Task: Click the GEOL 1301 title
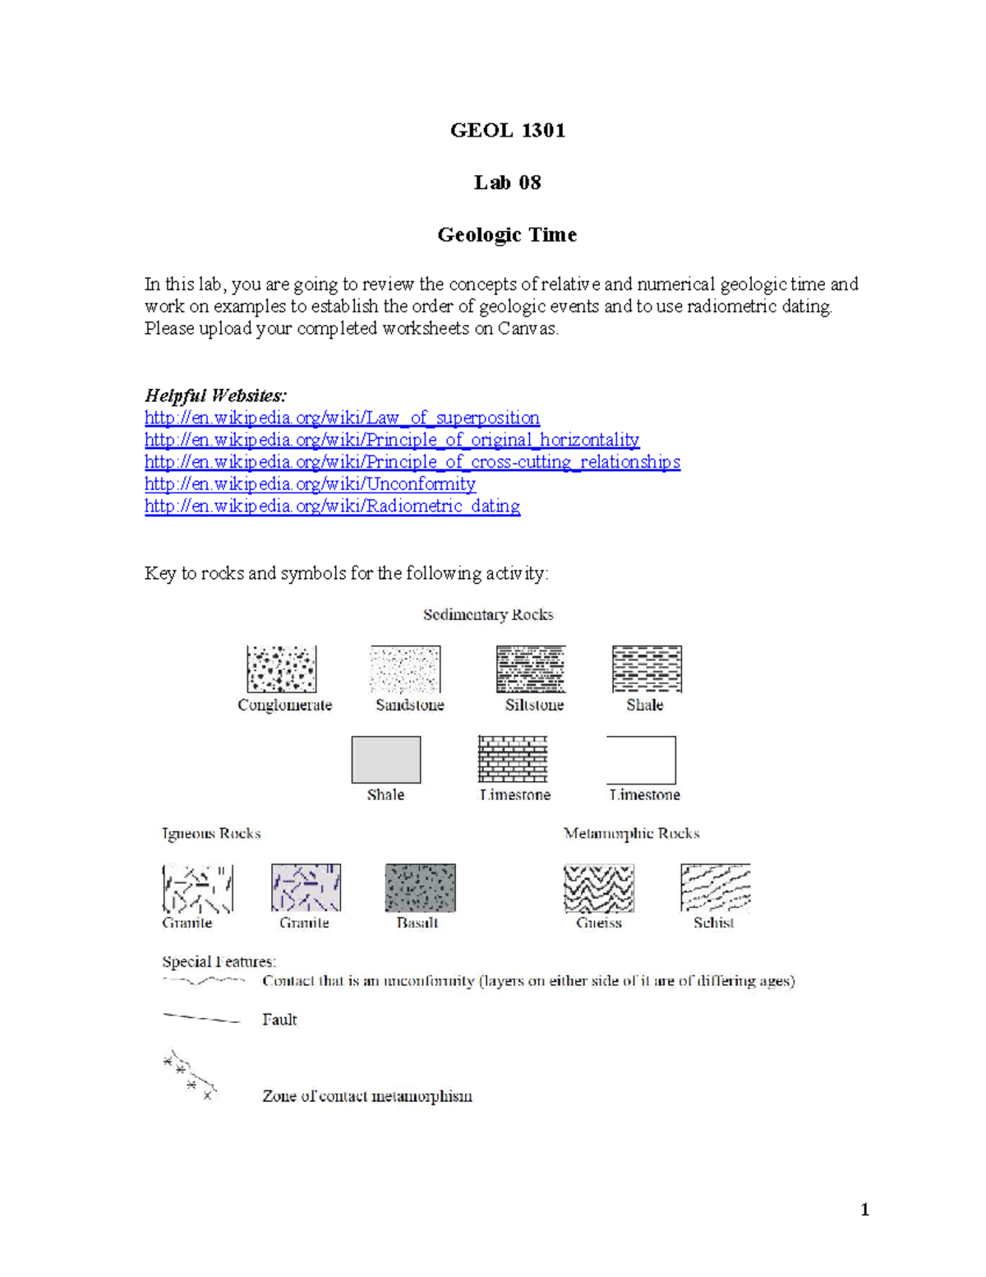(508, 131)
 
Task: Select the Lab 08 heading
(508, 183)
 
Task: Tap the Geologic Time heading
(508, 235)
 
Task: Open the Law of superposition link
(342, 418)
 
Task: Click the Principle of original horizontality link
(392, 440)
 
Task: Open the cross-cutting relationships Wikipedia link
(412, 462)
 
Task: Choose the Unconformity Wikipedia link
(310, 484)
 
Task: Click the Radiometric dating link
(333, 506)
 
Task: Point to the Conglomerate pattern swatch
(281, 669)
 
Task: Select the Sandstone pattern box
(405, 669)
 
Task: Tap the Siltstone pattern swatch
(531, 669)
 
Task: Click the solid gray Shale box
(386, 760)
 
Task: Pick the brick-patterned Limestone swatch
(513, 759)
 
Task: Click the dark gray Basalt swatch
(421, 888)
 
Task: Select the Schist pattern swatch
(716, 887)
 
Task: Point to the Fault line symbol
(201, 1018)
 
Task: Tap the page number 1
(864, 1210)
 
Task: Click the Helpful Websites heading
(215, 396)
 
